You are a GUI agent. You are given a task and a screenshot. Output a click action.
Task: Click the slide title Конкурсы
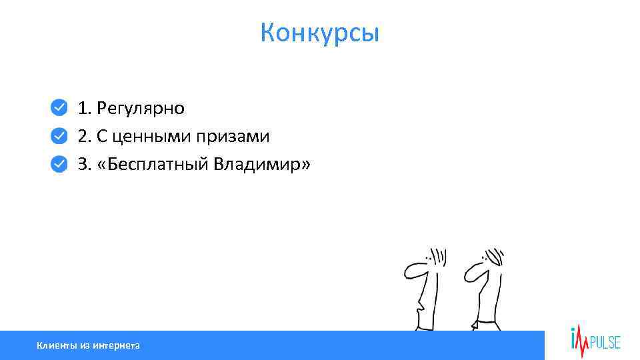tap(320, 32)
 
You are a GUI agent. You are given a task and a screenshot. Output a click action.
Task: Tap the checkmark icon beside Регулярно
tap(59, 107)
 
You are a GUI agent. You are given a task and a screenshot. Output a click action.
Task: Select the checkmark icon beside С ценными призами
tap(59, 136)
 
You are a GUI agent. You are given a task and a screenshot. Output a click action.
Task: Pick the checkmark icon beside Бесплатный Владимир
tap(59, 164)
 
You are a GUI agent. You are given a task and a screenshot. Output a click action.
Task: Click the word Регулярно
tap(141, 108)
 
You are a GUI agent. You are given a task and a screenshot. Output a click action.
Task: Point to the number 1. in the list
tap(85, 108)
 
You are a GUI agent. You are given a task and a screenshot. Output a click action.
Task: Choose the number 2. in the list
tap(85, 137)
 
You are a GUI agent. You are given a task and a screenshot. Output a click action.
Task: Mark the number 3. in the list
tap(85, 165)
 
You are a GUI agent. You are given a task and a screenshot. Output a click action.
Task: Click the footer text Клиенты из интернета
tap(88, 345)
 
